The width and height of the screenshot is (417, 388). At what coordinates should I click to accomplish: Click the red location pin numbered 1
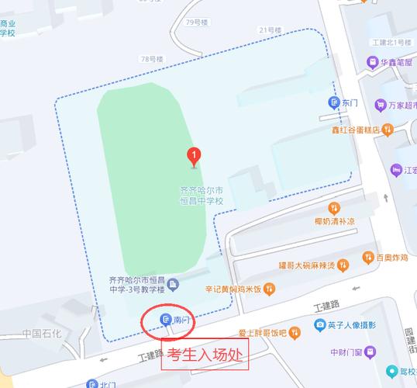pos(194,156)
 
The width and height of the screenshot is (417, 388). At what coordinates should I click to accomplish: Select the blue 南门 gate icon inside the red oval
pos(165,319)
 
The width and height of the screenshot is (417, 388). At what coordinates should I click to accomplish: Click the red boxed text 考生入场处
pos(204,359)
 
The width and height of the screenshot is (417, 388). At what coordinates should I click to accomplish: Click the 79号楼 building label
pos(199,23)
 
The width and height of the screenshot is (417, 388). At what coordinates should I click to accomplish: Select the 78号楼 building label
pos(151,58)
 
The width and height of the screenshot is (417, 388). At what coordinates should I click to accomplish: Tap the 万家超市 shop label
pos(402,105)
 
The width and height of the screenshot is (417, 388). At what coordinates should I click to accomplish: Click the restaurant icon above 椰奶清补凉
pos(334,207)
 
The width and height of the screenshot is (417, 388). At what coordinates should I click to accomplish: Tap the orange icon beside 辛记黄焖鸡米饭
pos(269,289)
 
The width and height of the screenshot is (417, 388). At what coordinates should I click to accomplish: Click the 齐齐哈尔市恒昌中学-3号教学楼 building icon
pos(173,284)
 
